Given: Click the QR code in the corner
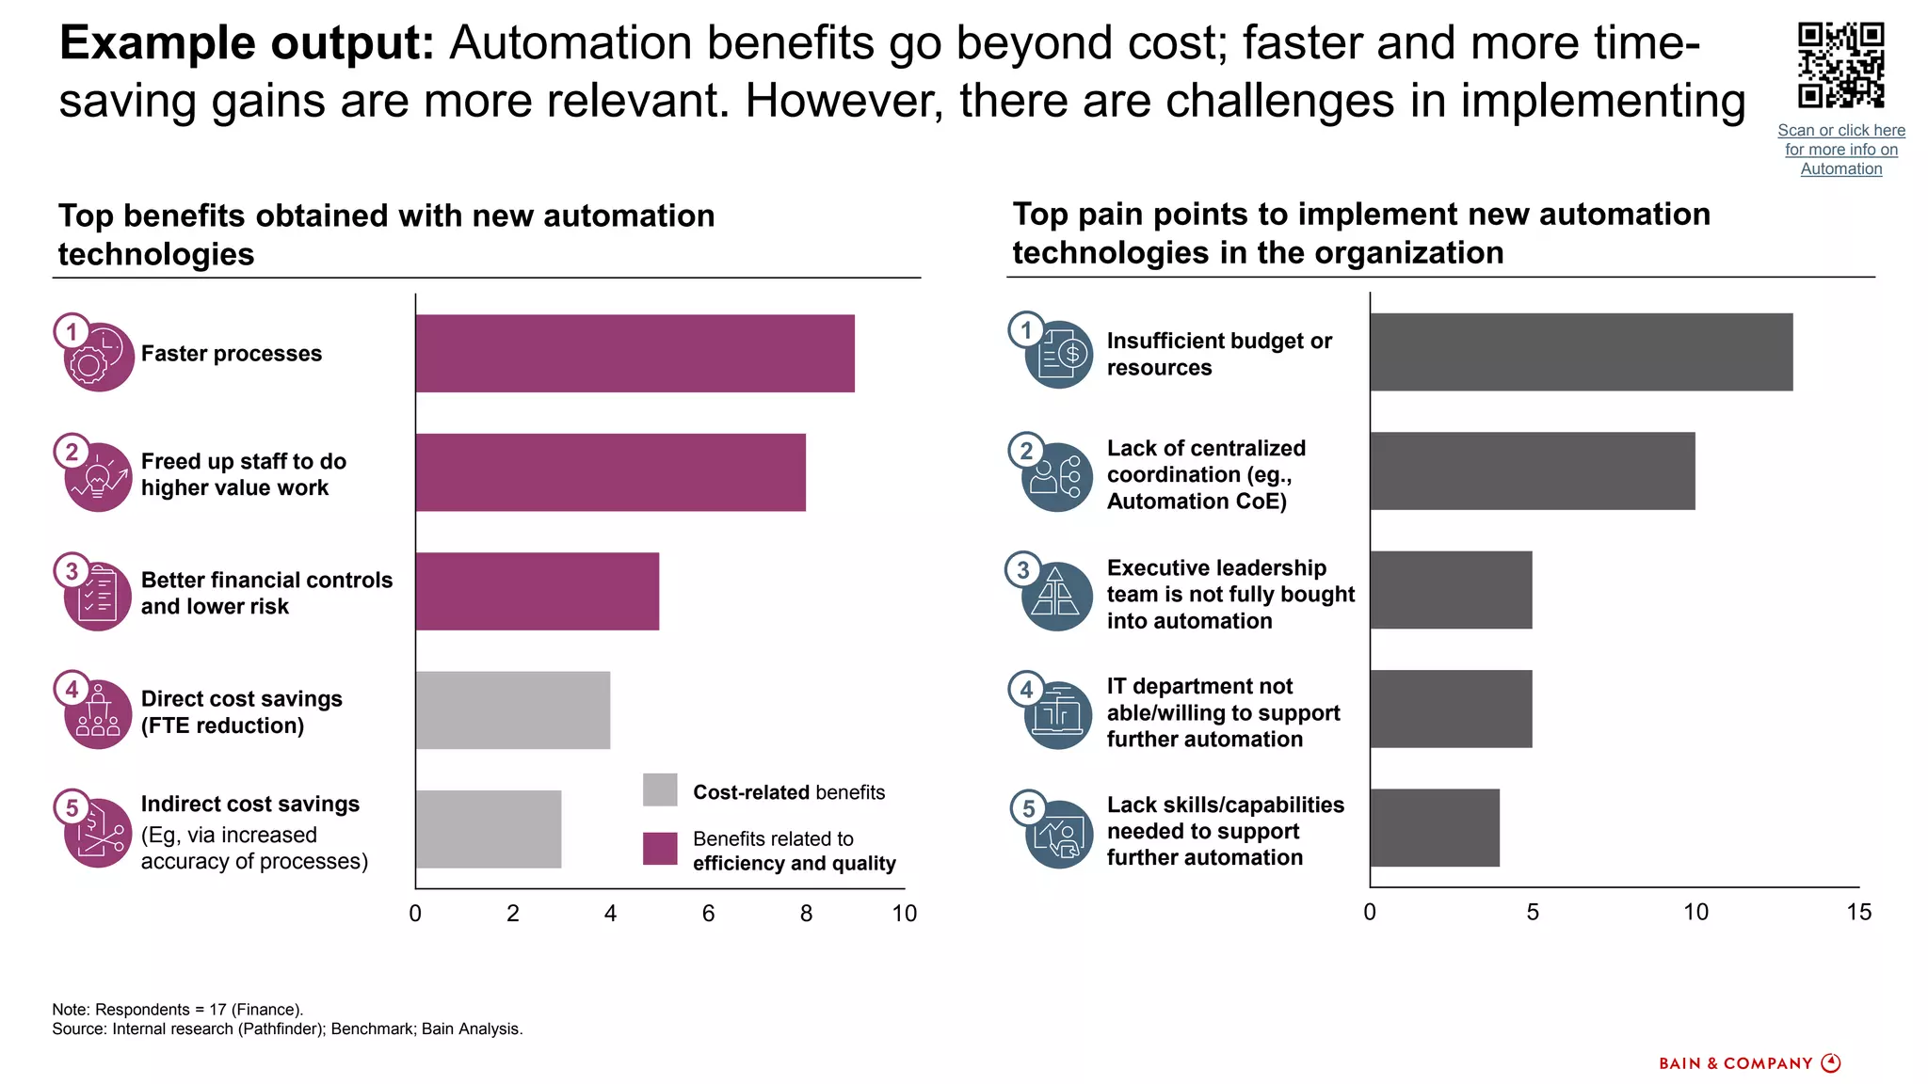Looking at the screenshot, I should click(x=1840, y=66).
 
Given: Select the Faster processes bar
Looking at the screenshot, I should click(x=635, y=353).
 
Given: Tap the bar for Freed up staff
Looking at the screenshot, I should click(x=610, y=472).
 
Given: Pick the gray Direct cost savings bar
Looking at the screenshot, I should click(x=513, y=710).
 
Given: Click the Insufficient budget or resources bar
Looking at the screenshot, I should click(x=1581, y=352).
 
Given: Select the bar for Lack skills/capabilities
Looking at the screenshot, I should click(x=1435, y=828).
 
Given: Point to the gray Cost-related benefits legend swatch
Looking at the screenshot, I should click(x=660, y=789).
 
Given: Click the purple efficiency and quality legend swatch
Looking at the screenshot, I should click(x=660, y=848).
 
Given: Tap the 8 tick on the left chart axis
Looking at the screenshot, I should click(x=806, y=914).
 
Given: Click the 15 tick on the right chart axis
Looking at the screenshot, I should click(x=1858, y=912).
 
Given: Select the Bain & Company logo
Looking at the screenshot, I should click(x=1749, y=1063).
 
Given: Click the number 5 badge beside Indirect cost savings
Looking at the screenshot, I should click(x=72, y=807).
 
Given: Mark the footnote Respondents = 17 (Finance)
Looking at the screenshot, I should click(x=178, y=1010).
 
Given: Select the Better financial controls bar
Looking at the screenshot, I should click(x=537, y=591).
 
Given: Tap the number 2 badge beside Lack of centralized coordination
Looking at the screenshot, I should click(x=1026, y=451).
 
